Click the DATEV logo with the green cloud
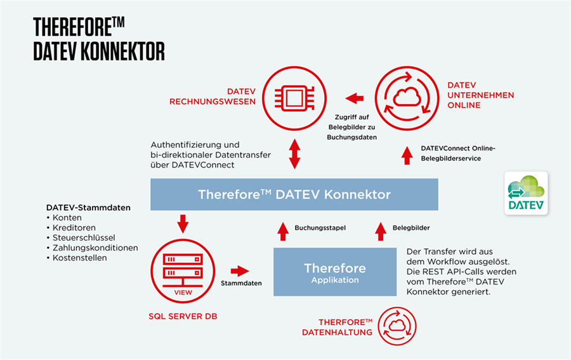526,193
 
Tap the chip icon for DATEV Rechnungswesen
294,98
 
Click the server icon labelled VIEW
183,271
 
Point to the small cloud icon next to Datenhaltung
397,326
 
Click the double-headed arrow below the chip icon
294,154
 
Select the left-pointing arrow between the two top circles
354,98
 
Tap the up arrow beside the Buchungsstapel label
283,232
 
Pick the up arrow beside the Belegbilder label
381,232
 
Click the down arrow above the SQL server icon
183,223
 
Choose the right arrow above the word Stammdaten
240,271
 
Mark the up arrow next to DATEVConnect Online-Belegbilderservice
407,156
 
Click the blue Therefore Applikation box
335,272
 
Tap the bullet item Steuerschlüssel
81,238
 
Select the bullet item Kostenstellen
77,258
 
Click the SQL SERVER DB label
183,316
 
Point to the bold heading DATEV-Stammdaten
88,208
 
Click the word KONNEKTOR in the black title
122,51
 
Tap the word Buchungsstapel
320,228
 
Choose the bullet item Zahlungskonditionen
92,248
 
